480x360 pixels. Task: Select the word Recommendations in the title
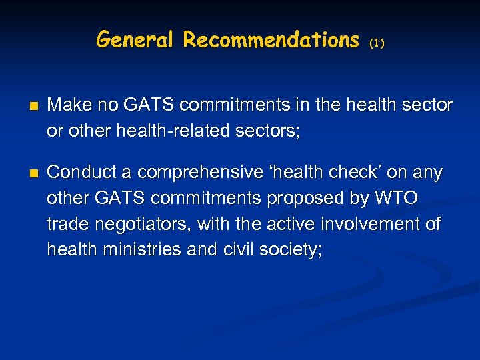(271, 40)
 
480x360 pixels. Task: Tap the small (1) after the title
(377, 43)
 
